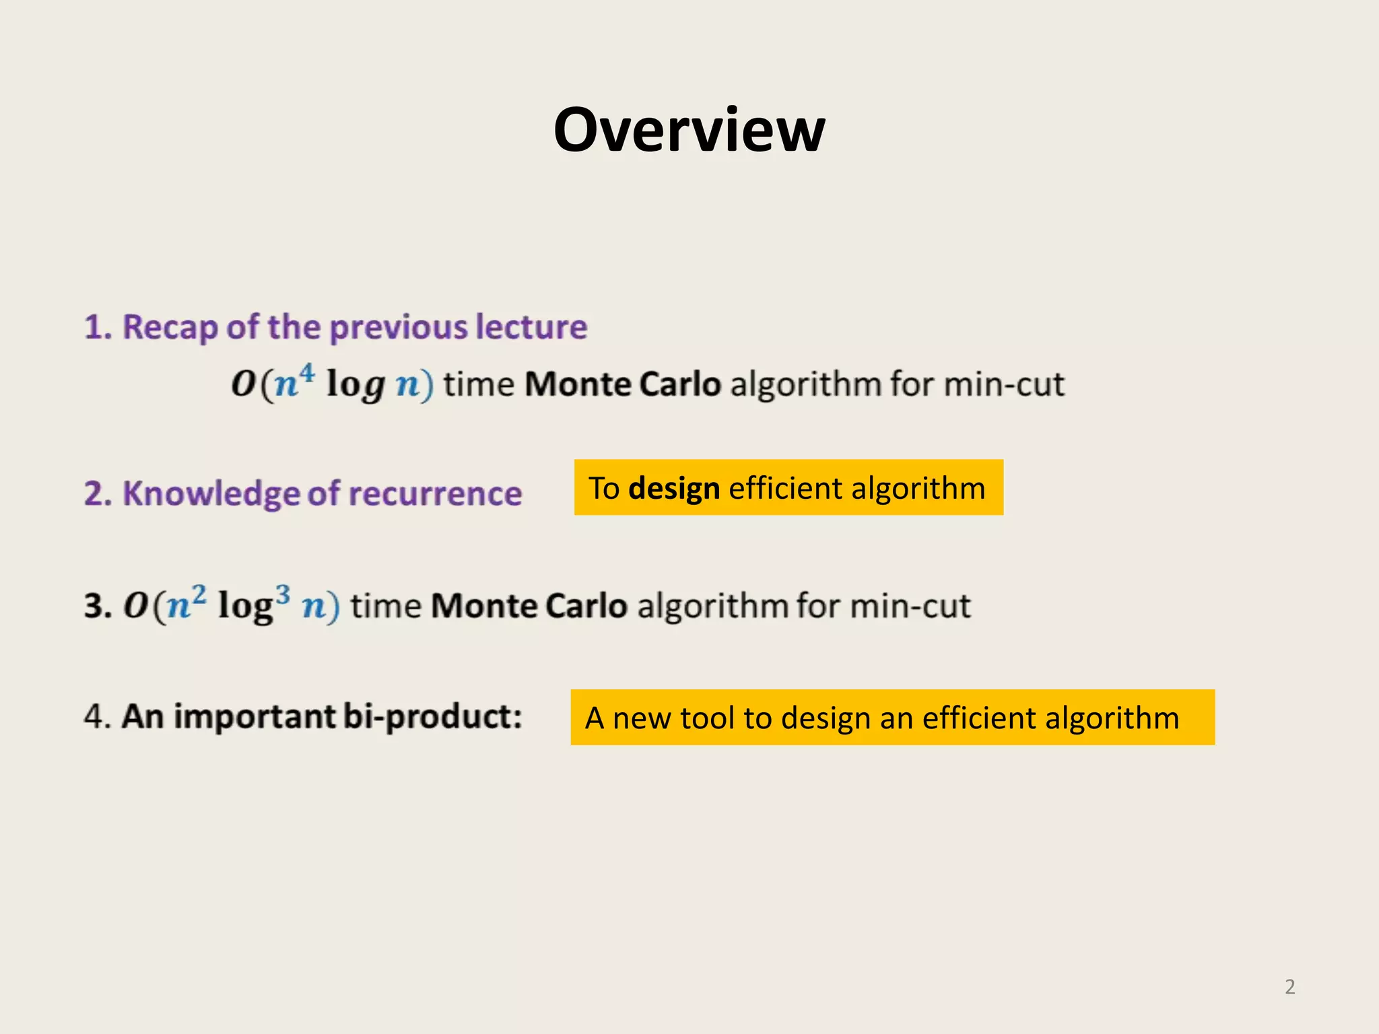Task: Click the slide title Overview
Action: click(689, 130)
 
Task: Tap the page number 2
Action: click(1289, 987)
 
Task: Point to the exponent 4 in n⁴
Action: click(306, 372)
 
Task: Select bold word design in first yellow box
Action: click(673, 489)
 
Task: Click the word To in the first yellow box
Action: click(604, 489)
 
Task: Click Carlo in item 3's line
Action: click(586, 606)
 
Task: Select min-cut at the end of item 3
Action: click(910, 606)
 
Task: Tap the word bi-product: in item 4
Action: click(432, 716)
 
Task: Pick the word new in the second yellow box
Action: click(642, 718)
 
